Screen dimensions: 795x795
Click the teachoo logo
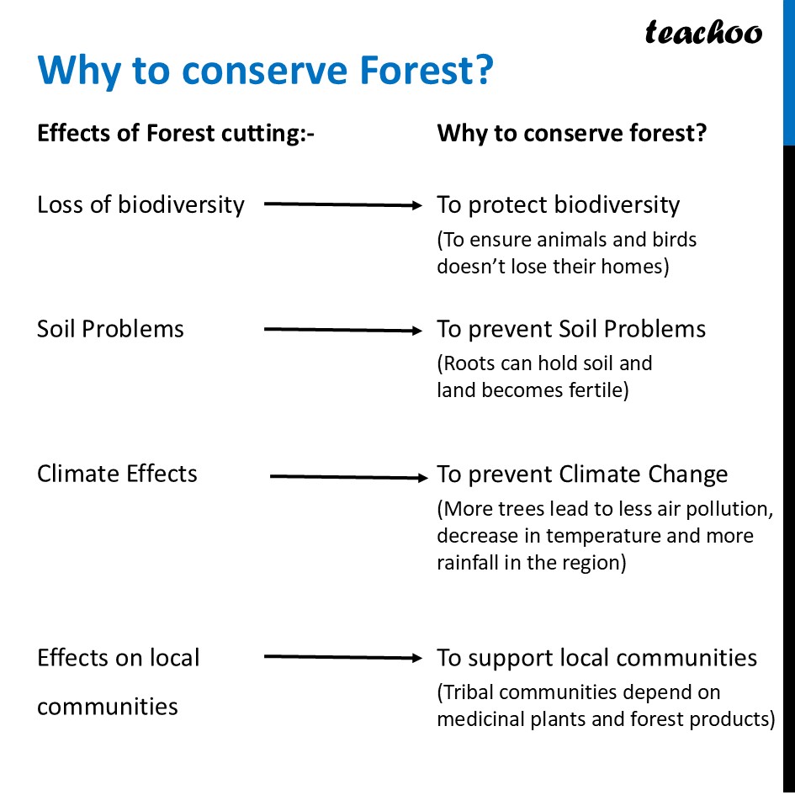pos(702,32)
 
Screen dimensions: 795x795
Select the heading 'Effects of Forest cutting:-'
pos(175,134)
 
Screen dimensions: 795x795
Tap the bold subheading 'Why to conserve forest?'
pos(571,134)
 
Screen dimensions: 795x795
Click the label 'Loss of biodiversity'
pos(140,204)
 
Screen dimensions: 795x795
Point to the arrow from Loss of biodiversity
pos(342,204)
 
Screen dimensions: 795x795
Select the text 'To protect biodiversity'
pos(558,204)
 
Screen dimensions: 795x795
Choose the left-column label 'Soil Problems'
pos(110,329)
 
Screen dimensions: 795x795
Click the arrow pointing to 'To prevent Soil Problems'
pos(342,331)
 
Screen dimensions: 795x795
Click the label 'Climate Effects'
pos(117,474)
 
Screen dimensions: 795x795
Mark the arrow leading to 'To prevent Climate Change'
pos(348,477)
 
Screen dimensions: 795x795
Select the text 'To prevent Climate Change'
pos(582,474)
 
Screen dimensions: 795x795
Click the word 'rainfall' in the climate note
pos(468,563)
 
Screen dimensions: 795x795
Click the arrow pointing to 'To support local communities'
pos(342,658)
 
